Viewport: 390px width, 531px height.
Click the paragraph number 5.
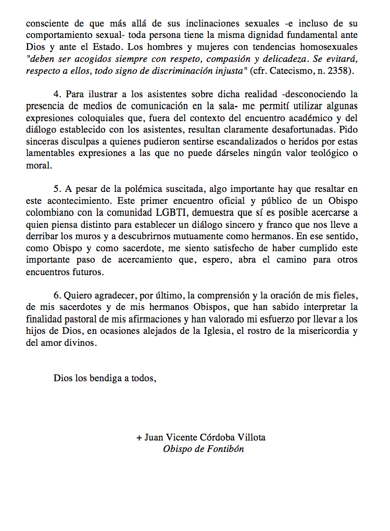57,189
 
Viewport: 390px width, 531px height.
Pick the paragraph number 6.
57,296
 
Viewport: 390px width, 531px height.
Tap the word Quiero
80,296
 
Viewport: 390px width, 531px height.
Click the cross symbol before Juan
139,437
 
